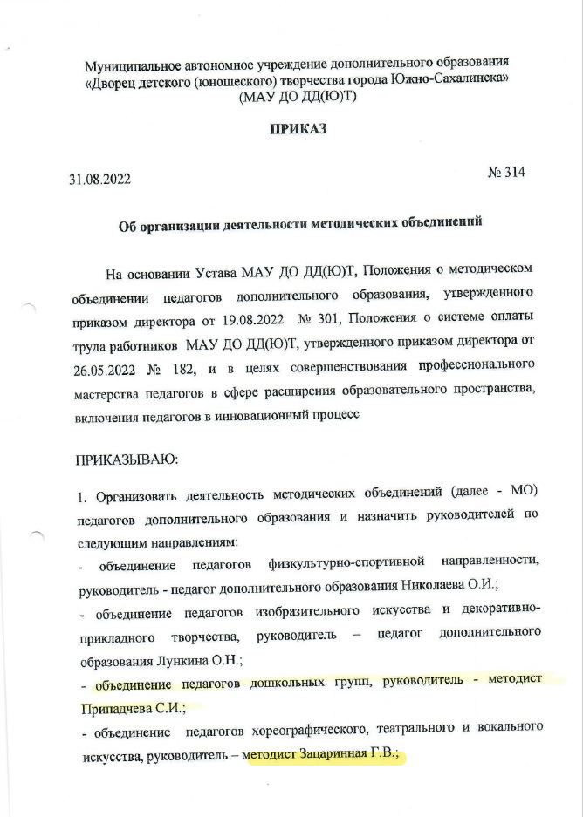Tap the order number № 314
pos(506,172)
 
